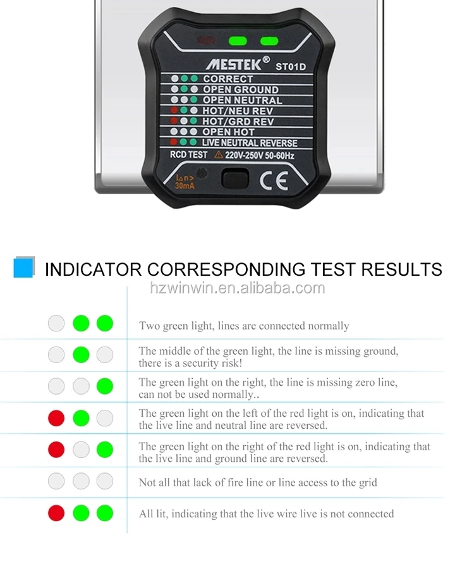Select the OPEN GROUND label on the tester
coord(240,90)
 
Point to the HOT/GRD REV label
coord(238,121)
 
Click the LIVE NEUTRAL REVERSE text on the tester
coord(249,143)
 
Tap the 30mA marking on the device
coord(184,186)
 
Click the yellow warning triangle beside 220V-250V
coord(218,155)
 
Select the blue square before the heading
coord(24,268)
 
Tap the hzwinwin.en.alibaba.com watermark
coord(237,288)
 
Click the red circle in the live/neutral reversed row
coord(56,418)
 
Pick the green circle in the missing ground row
coord(81,354)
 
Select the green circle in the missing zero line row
coord(104,386)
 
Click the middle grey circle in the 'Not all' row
coord(81,481)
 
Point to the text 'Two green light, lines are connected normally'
coord(244,326)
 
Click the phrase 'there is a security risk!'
coord(190,363)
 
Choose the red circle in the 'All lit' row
coord(56,513)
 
